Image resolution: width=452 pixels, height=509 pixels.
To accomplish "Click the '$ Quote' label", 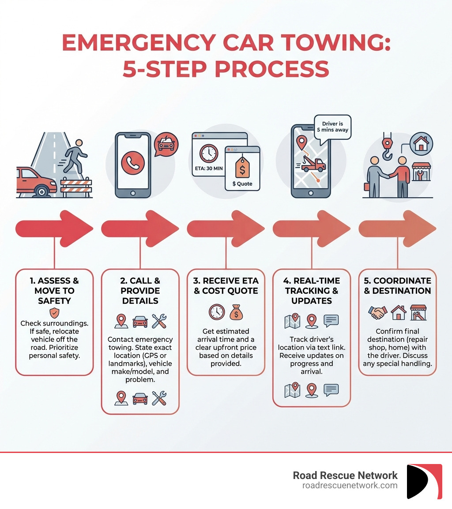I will click(242, 183).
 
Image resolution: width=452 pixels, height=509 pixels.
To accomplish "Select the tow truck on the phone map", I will click(314, 165).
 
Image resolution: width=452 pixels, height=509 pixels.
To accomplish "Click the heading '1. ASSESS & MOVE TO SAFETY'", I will click(54, 291).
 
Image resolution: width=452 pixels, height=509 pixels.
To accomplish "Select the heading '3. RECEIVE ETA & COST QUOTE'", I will click(226, 285).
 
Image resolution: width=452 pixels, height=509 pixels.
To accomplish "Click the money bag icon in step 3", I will click(236, 312).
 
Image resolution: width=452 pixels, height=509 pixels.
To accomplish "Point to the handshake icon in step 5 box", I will click(378, 312).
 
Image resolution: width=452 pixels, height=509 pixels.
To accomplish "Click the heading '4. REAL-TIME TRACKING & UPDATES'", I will click(311, 291).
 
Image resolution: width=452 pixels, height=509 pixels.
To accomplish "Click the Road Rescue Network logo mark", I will click(424, 481).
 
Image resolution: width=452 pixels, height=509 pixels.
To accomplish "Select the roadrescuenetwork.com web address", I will click(350, 486).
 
